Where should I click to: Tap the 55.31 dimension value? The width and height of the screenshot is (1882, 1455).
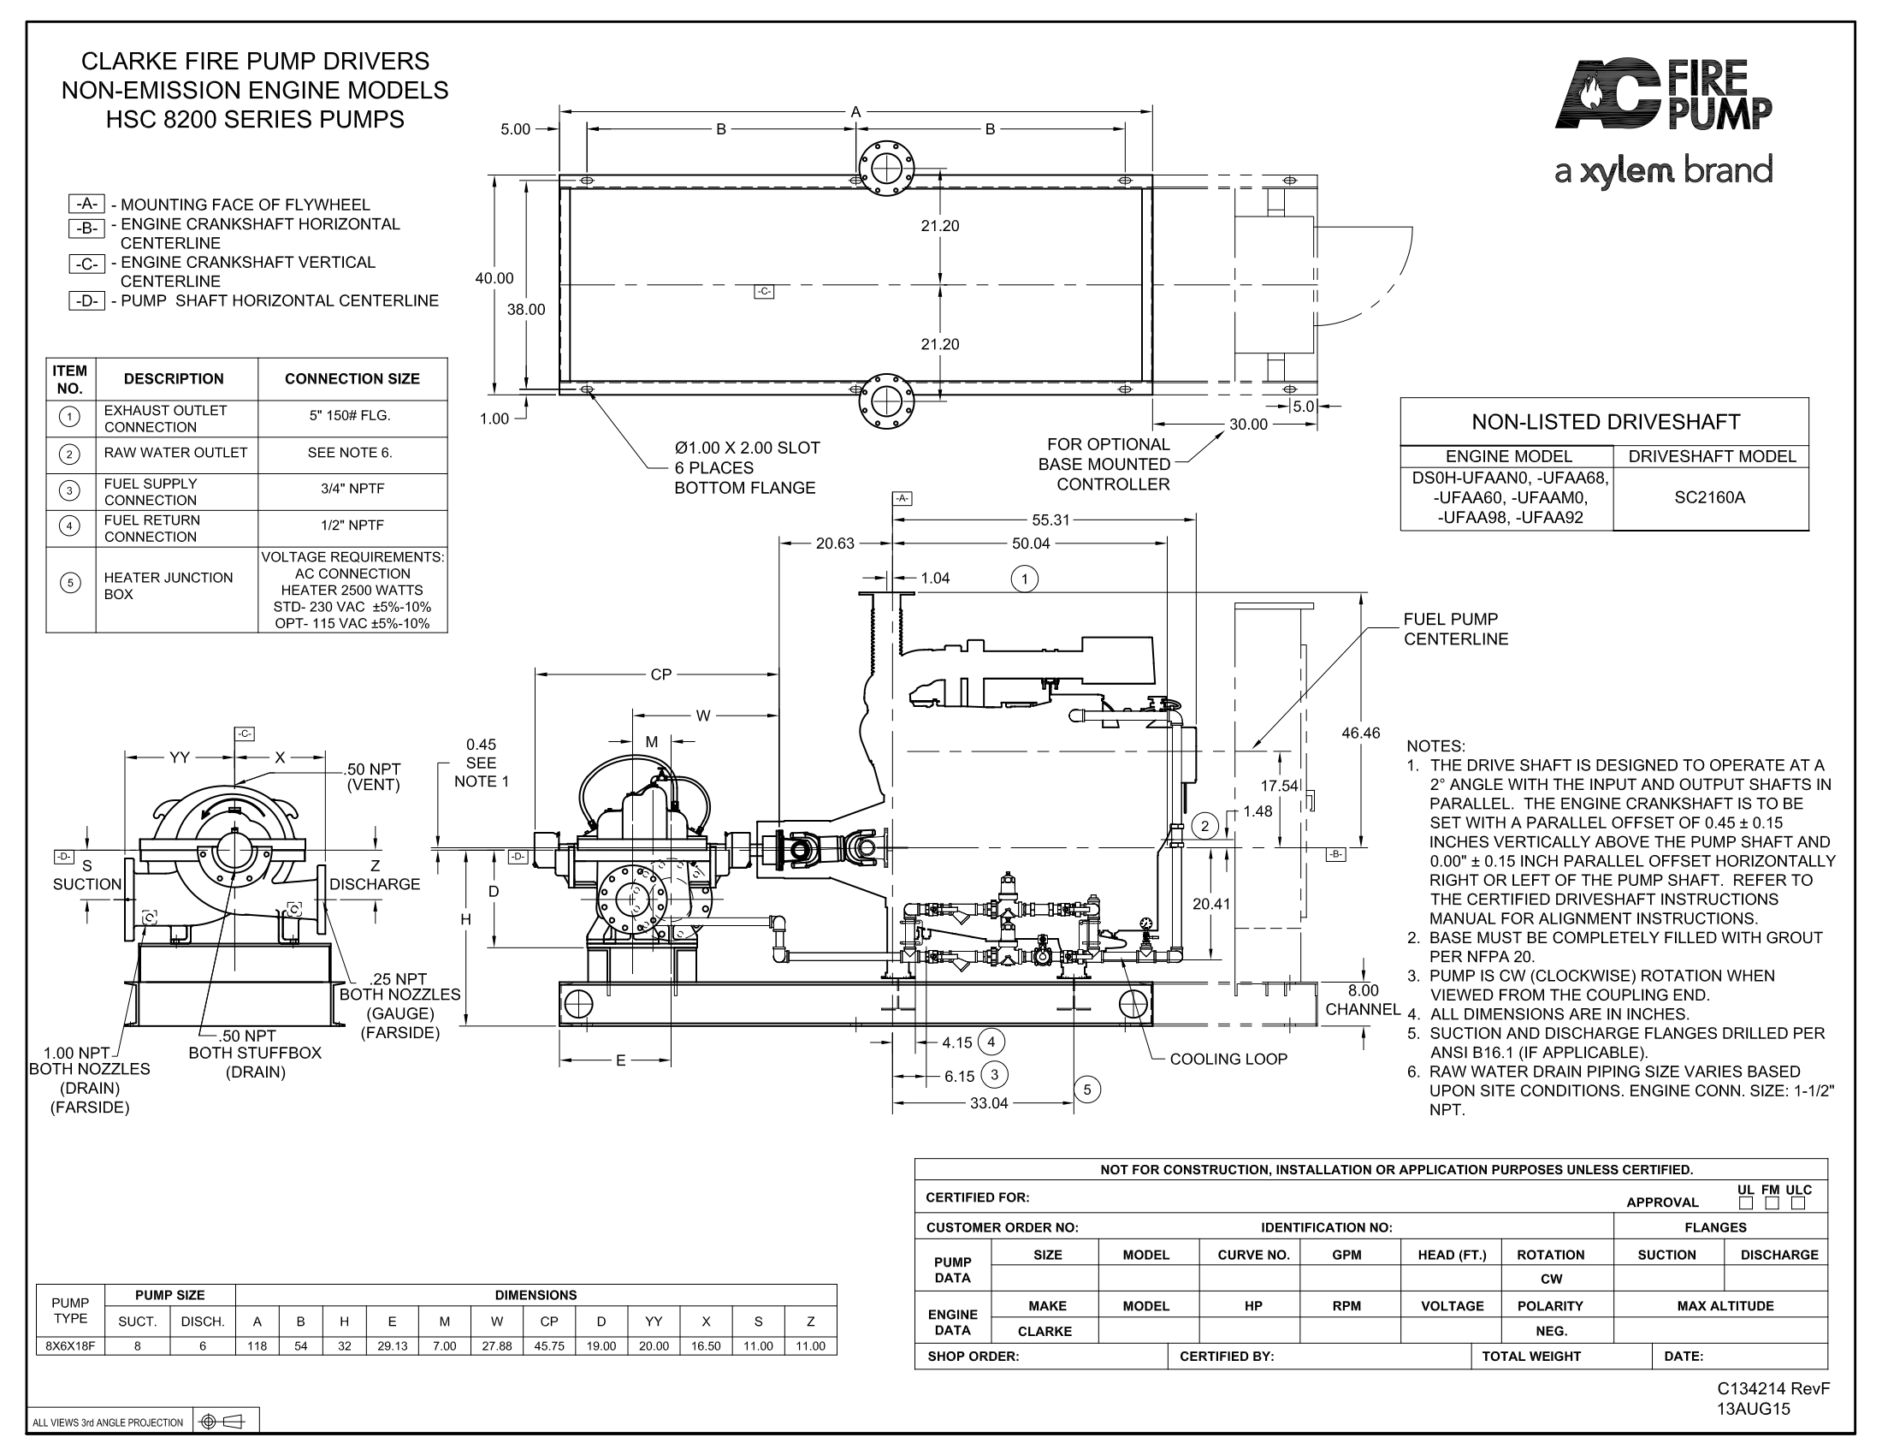click(x=1050, y=520)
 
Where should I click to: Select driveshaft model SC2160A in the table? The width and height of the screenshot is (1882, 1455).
click(x=1710, y=497)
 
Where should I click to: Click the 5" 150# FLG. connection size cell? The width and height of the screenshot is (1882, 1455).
click(x=351, y=415)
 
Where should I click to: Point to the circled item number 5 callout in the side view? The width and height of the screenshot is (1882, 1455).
click(x=1086, y=1090)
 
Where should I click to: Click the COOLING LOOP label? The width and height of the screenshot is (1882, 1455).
click(x=1228, y=1059)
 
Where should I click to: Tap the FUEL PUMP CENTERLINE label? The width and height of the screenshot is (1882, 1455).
click(x=1455, y=629)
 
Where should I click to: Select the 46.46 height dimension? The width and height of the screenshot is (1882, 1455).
click(x=1360, y=733)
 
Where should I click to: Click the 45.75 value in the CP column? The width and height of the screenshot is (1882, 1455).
click(x=549, y=1345)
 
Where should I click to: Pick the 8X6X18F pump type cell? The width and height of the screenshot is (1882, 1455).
click(x=70, y=1345)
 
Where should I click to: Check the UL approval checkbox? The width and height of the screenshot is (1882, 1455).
click(x=1746, y=1203)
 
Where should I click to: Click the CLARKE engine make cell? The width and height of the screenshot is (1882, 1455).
click(x=1045, y=1331)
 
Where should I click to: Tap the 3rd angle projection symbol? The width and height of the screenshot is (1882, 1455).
click(x=222, y=1422)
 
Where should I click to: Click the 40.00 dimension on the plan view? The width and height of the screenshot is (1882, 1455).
click(x=494, y=277)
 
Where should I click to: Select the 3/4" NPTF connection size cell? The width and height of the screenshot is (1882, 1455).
click(x=352, y=489)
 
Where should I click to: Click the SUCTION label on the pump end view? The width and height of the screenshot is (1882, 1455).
click(x=87, y=883)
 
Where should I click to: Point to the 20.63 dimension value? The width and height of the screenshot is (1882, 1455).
click(x=835, y=543)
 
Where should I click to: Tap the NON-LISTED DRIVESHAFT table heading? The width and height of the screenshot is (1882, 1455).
click(x=1606, y=421)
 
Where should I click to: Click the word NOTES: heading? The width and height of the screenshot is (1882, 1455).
click(x=1435, y=745)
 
